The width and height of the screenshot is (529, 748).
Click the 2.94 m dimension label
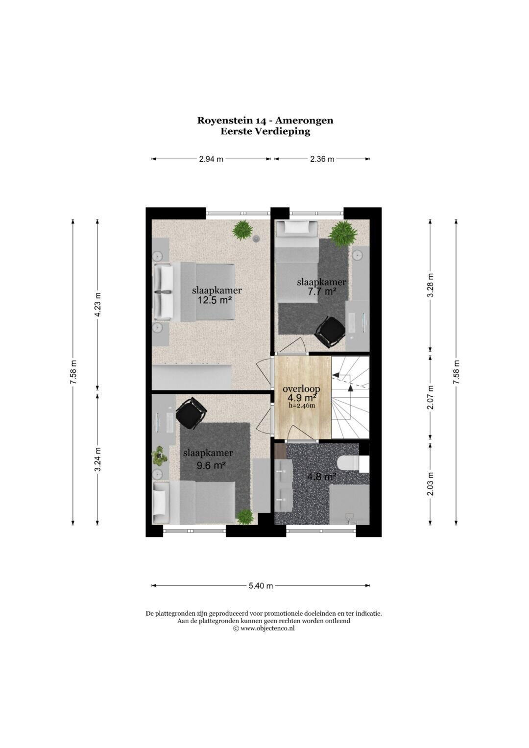[x=211, y=159]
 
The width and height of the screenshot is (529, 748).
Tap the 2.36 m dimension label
[x=322, y=159]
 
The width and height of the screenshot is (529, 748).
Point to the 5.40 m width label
[x=261, y=585]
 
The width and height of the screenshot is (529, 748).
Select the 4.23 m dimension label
[x=97, y=304]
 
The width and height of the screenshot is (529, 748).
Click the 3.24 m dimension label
[x=97, y=459]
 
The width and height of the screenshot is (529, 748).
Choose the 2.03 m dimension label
[x=431, y=483]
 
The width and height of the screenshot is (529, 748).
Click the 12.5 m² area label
[x=215, y=300]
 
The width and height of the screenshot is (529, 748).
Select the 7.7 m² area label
[x=322, y=291]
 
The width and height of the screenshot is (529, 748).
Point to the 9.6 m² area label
[x=210, y=465]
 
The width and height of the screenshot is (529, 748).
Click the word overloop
[x=301, y=389]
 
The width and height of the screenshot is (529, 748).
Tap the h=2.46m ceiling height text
[x=302, y=406]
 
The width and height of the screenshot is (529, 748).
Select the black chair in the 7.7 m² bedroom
[x=329, y=330]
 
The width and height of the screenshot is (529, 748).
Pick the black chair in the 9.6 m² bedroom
[x=191, y=413]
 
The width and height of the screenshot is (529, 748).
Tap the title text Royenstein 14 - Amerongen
[x=265, y=120]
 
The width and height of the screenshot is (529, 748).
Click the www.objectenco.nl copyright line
[x=264, y=628]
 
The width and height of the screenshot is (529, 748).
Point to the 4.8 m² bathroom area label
[x=321, y=477]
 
